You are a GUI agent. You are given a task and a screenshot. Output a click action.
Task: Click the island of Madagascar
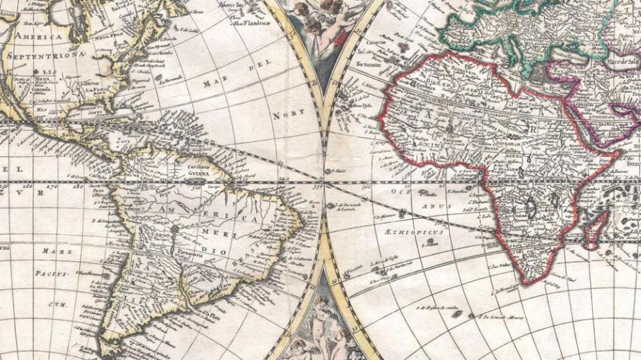click(592, 230)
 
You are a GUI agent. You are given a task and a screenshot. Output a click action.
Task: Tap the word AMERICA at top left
click(39, 35)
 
